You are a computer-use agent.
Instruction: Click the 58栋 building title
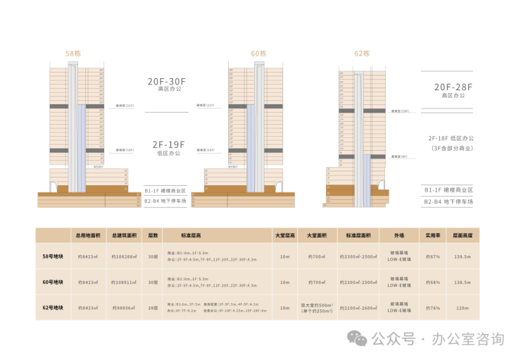[x=73, y=54]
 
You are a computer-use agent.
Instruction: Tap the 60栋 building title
[x=258, y=54]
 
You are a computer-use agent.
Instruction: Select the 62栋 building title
[x=362, y=54]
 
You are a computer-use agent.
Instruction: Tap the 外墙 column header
[x=400, y=235]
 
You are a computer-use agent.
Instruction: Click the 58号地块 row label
[x=53, y=256]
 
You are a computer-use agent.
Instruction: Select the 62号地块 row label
[x=53, y=307]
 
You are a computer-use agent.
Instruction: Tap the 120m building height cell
[x=462, y=307]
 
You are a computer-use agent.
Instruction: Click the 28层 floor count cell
[x=153, y=307]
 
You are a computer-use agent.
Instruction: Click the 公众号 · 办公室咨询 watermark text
[x=437, y=340]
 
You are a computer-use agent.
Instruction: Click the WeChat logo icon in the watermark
[x=360, y=340]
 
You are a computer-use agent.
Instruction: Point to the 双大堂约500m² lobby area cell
[x=317, y=307]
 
